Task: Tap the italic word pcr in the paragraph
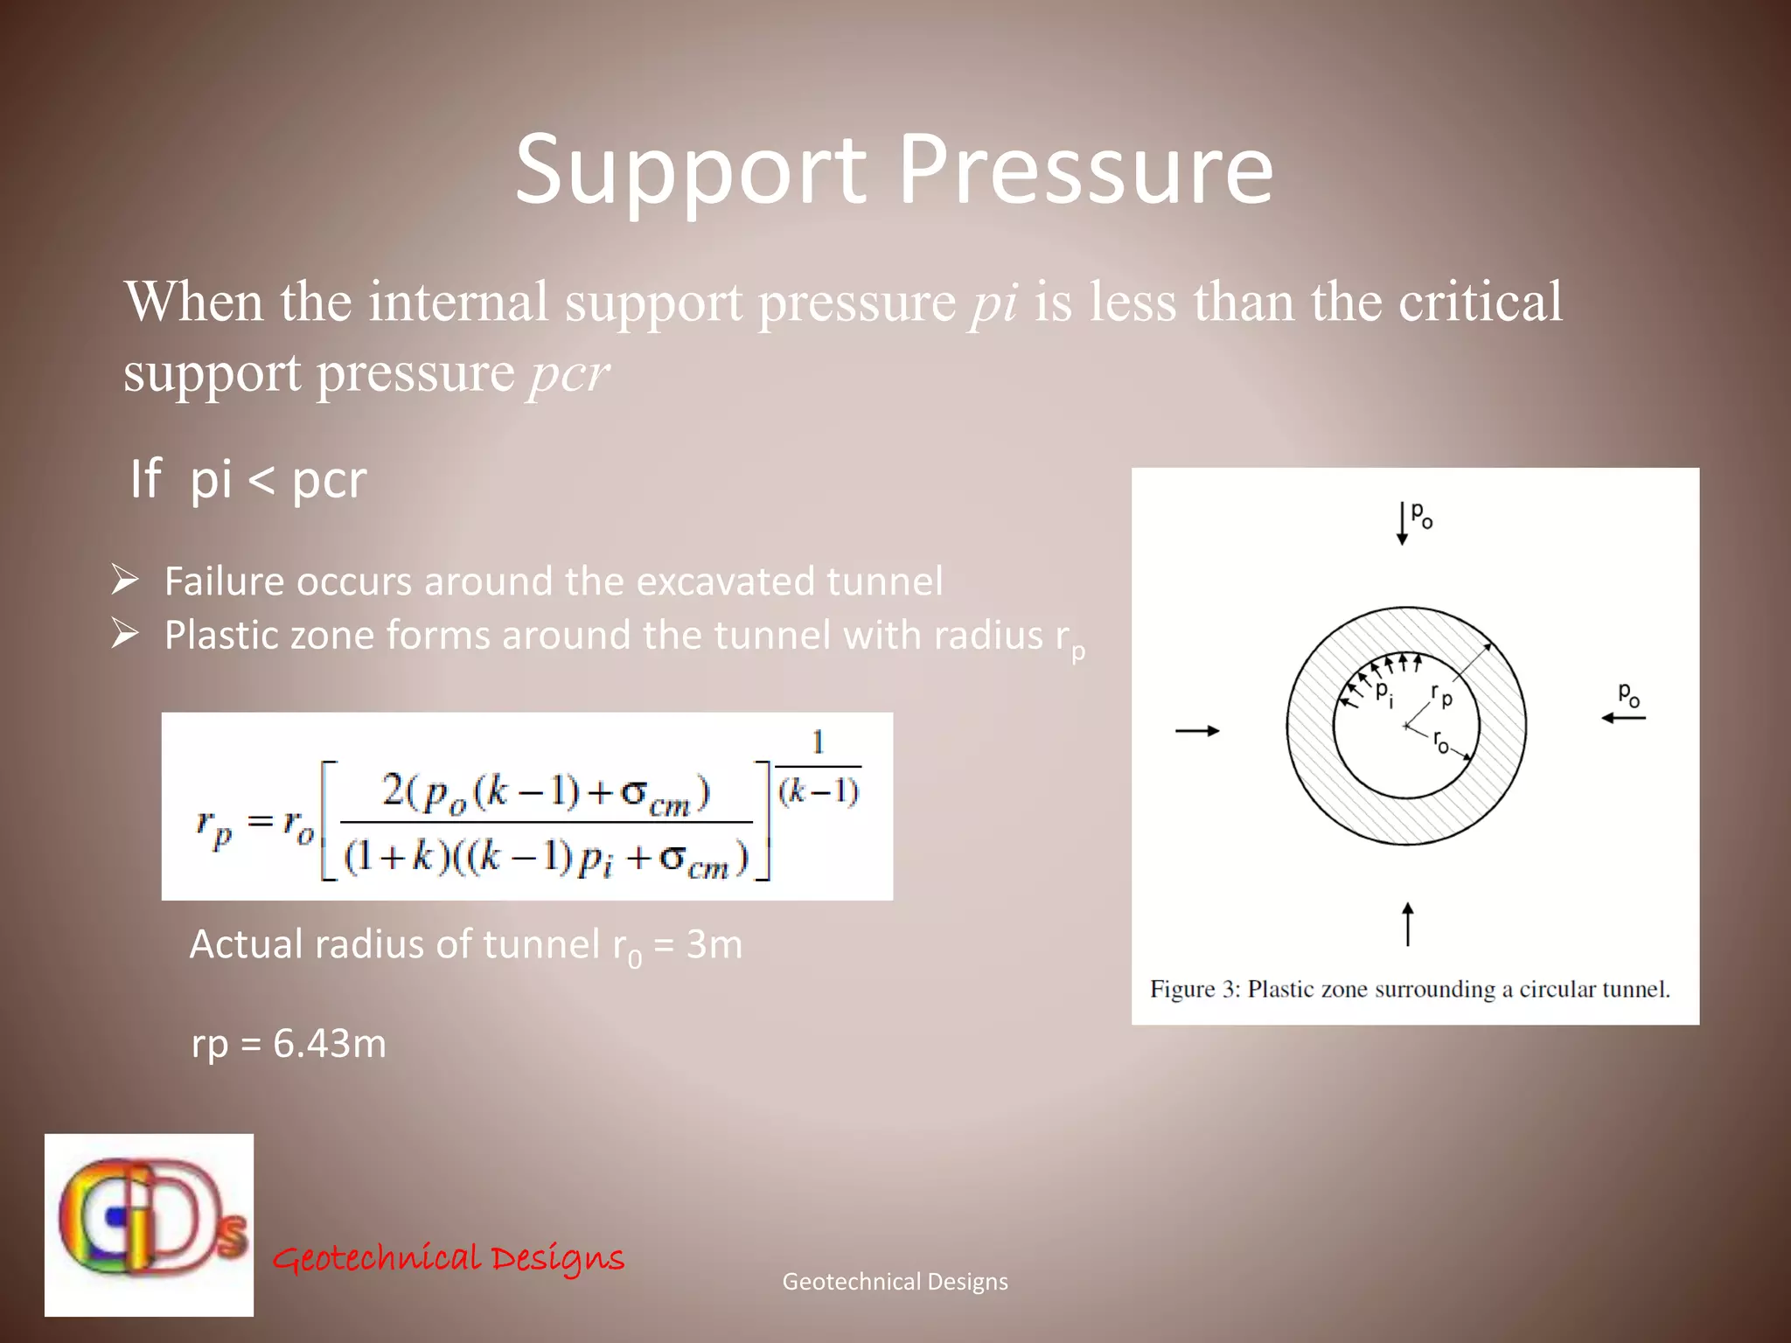568,374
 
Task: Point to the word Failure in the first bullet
224,581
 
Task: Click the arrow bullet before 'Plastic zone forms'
125,634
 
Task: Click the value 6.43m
330,1043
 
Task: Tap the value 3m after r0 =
714,944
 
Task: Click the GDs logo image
150,1224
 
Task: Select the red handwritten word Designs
557,1258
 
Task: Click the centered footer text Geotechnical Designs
895,1282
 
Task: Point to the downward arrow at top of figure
1402,524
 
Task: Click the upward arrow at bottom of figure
1408,924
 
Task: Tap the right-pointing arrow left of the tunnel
1197,731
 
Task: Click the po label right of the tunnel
1628,695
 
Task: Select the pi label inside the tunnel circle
1384,693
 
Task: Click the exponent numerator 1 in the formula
818,743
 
